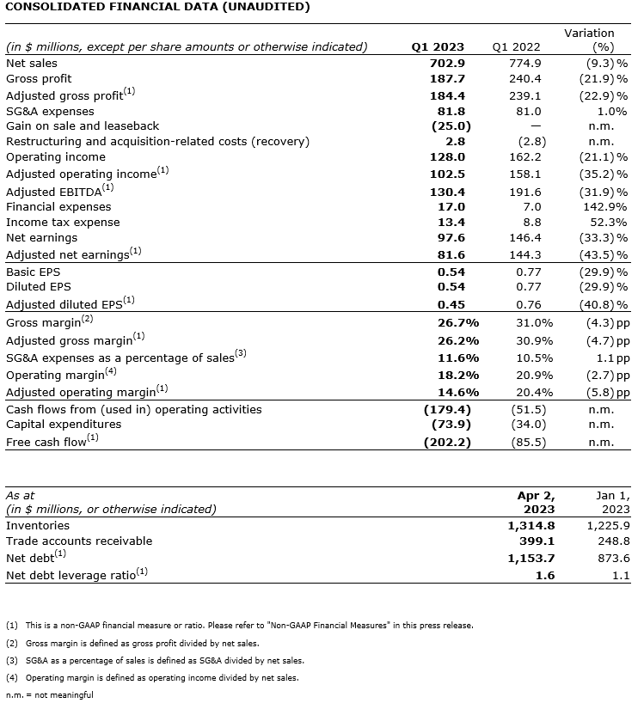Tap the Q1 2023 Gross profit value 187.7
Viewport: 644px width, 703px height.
(x=447, y=78)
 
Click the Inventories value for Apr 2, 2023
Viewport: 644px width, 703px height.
(x=531, y=525)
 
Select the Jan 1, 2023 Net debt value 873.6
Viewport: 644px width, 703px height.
(x=613, y=558)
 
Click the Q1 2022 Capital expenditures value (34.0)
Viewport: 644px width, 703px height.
(x=527, y=424)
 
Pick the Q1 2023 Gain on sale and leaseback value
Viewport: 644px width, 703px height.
(x=447, y=125)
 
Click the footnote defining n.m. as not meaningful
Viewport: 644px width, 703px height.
(x=50, y=694)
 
